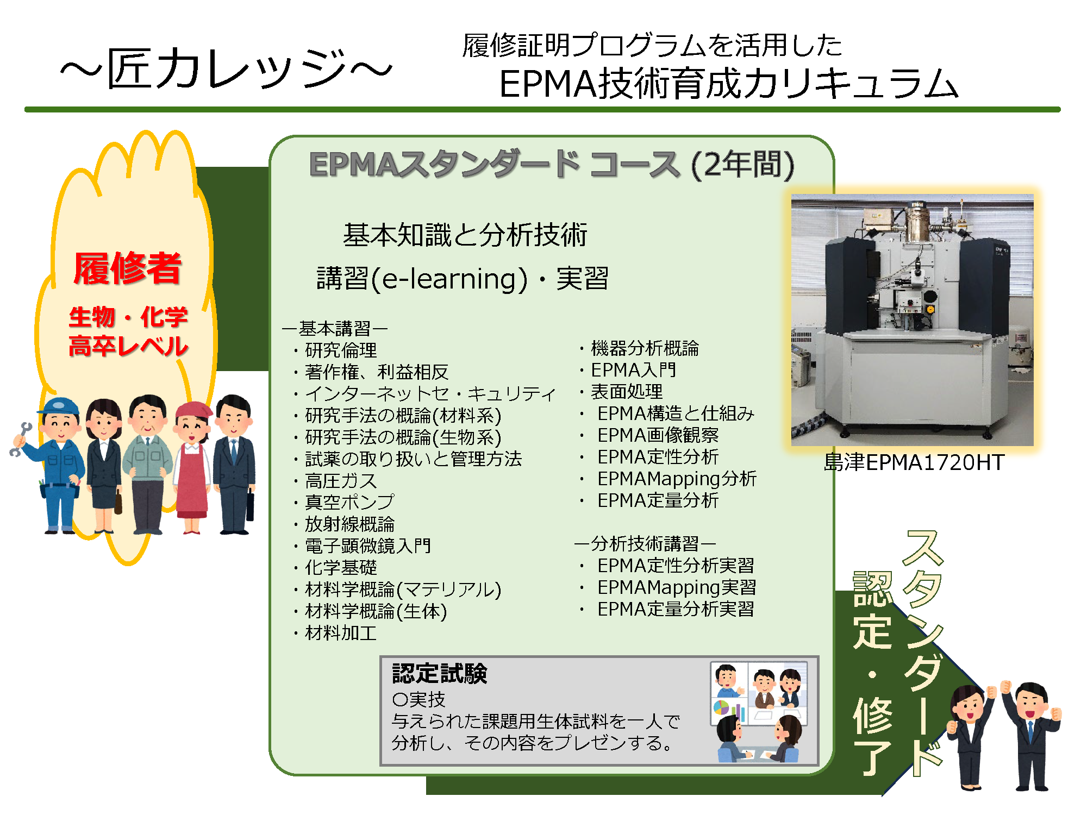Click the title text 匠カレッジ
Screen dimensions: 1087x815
226,68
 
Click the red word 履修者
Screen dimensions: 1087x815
127,268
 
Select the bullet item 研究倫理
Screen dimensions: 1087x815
341,350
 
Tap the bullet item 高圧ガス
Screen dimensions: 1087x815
341,481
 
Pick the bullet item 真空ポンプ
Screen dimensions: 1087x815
349,502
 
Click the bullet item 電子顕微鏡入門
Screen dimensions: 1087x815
368,546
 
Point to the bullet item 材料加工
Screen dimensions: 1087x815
341,632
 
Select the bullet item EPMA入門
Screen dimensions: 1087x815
634,370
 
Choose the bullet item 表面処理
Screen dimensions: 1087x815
627,391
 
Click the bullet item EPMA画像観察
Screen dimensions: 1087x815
658,435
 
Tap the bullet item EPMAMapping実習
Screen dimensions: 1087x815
677,587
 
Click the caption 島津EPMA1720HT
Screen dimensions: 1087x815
914,462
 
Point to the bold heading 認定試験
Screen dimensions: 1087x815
440,674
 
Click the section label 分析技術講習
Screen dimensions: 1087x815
645,543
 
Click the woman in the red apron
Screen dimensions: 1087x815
192,467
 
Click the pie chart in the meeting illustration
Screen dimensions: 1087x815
721,708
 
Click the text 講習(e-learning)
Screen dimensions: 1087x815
422,279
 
